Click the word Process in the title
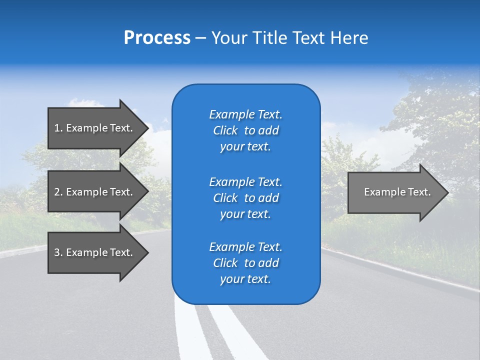(x=157, y=38)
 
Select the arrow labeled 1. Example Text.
(x=93, y=128)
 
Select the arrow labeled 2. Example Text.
(x=93, y=192)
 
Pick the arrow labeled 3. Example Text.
(x=93, y=252)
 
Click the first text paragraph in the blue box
(x=245, y=130)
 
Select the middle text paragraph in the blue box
(x=245, y=197)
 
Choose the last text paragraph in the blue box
(x=245, y=263)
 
